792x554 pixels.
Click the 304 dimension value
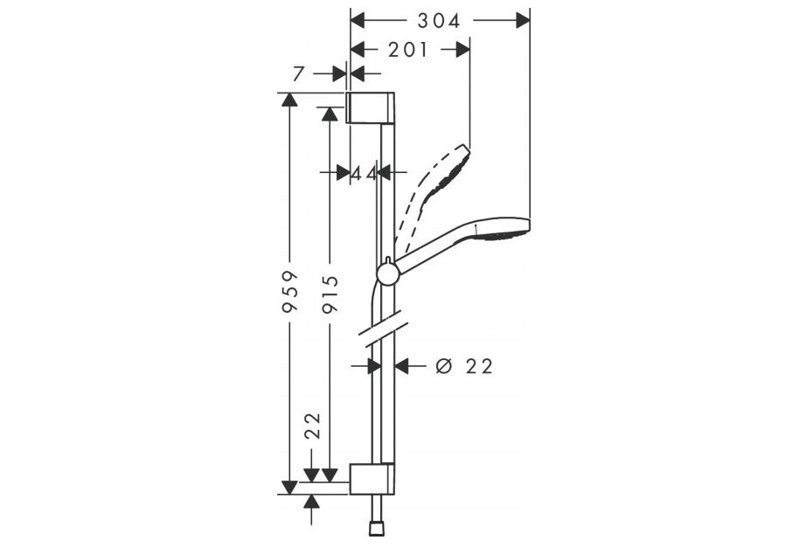(439, 21)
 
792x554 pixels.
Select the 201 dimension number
(407, 50)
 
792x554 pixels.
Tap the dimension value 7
(298, 74)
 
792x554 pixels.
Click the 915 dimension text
(330, 294)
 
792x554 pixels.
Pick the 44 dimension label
(364, 173)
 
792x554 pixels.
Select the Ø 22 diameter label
(463, 366)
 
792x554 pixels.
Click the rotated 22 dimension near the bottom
(313, 426)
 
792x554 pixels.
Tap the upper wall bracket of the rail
(371, 107)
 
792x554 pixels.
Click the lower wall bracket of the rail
(372, 479)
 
